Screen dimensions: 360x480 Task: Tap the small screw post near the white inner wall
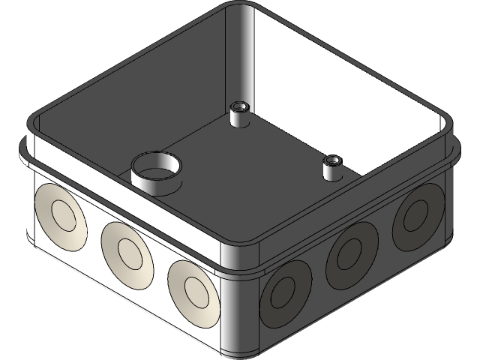click(x=331, y=166)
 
